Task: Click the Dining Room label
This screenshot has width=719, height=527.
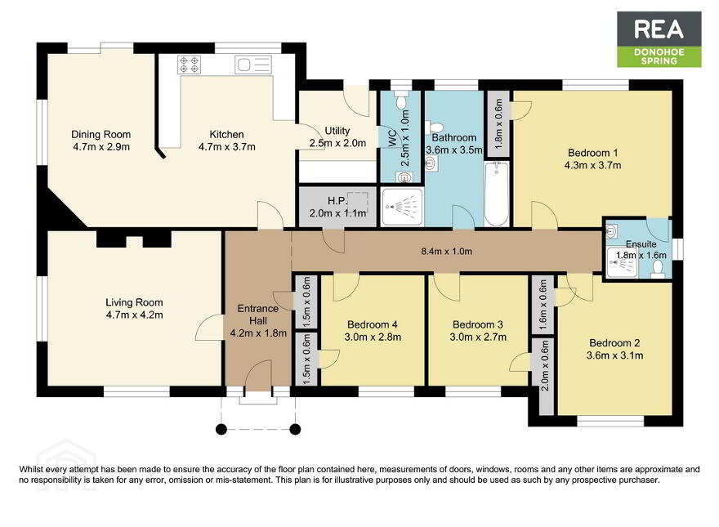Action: (x=100, y=134)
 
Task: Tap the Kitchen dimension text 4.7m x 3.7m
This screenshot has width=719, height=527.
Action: (x=227, y=147)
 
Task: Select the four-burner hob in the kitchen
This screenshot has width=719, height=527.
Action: (x=189, y=65)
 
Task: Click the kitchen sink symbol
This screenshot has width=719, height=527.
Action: (x=253, y=65)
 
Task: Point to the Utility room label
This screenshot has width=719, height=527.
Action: (x=337, y=131)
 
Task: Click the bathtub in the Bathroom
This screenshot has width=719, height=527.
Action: (x=497, y=194)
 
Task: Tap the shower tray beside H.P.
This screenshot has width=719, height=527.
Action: (x=402, y=207)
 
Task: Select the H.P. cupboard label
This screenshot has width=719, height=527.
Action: (x=337, y=201)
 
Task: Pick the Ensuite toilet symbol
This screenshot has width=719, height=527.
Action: (x=658, y=269)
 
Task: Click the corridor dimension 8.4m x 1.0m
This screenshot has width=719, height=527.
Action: (x=447, y=252)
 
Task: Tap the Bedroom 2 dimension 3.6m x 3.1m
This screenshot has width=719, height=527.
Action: (x=615, y=355)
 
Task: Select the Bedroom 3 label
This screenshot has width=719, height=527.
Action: (x=478, y=324)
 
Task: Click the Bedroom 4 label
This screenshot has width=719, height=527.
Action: (x=373, y=324)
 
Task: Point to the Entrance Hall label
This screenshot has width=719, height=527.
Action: (x=258, y=315)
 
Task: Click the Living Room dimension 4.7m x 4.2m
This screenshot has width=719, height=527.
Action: (x=134, y=315)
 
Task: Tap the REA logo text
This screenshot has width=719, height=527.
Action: (x=659, y=29)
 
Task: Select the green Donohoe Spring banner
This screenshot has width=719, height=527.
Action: (x=659, y=56)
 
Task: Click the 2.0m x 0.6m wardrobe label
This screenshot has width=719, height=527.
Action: (x=544, y=365)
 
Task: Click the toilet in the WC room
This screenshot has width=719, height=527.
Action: (x=402, y=100)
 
